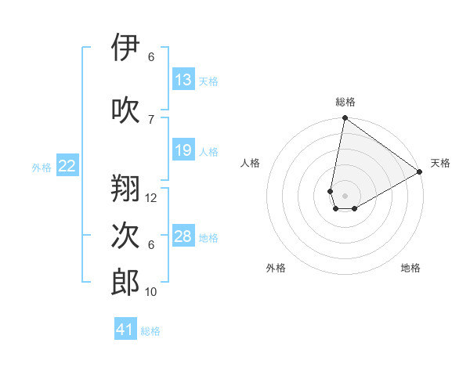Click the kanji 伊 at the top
[126, 48]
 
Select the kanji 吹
[126, 110]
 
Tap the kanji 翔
[126, 189]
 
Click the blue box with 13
[183, 80]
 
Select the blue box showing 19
[183, 150]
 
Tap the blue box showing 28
[183, 236]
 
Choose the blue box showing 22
[67, 166]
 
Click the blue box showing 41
[125, 330]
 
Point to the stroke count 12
[151, 198]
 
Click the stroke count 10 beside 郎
[151, 292]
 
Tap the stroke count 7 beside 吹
[151, 119]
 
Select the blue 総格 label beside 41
[150, 331]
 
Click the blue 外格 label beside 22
[42, 167]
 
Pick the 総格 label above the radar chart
[345, 102]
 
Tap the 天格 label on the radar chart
[440, 163]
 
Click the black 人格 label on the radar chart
[251, 163]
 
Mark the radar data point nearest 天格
[420, 172]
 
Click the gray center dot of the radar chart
[345, 196]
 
